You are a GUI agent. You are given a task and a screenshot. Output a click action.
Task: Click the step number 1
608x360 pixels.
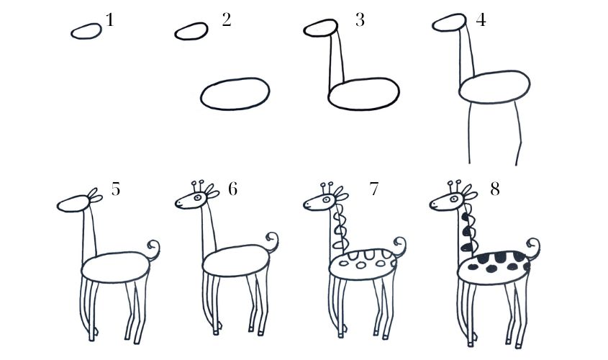110,19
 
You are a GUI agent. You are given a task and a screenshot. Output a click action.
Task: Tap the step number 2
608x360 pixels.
227,19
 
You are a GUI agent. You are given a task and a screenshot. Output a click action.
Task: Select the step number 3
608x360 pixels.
360,19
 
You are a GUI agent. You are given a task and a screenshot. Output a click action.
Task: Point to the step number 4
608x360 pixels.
481,19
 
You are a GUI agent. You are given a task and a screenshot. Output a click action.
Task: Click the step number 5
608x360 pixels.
116,189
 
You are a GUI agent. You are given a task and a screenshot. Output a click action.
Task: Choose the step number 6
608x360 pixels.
232,189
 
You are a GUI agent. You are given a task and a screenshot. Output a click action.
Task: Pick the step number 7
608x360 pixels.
374,189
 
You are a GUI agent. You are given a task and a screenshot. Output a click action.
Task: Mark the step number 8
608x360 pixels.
495,189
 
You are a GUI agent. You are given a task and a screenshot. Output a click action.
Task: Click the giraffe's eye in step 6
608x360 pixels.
198,197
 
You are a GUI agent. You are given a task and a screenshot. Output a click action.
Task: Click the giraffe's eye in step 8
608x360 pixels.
454,199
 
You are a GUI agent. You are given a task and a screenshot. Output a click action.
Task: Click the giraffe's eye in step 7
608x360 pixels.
327,199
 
